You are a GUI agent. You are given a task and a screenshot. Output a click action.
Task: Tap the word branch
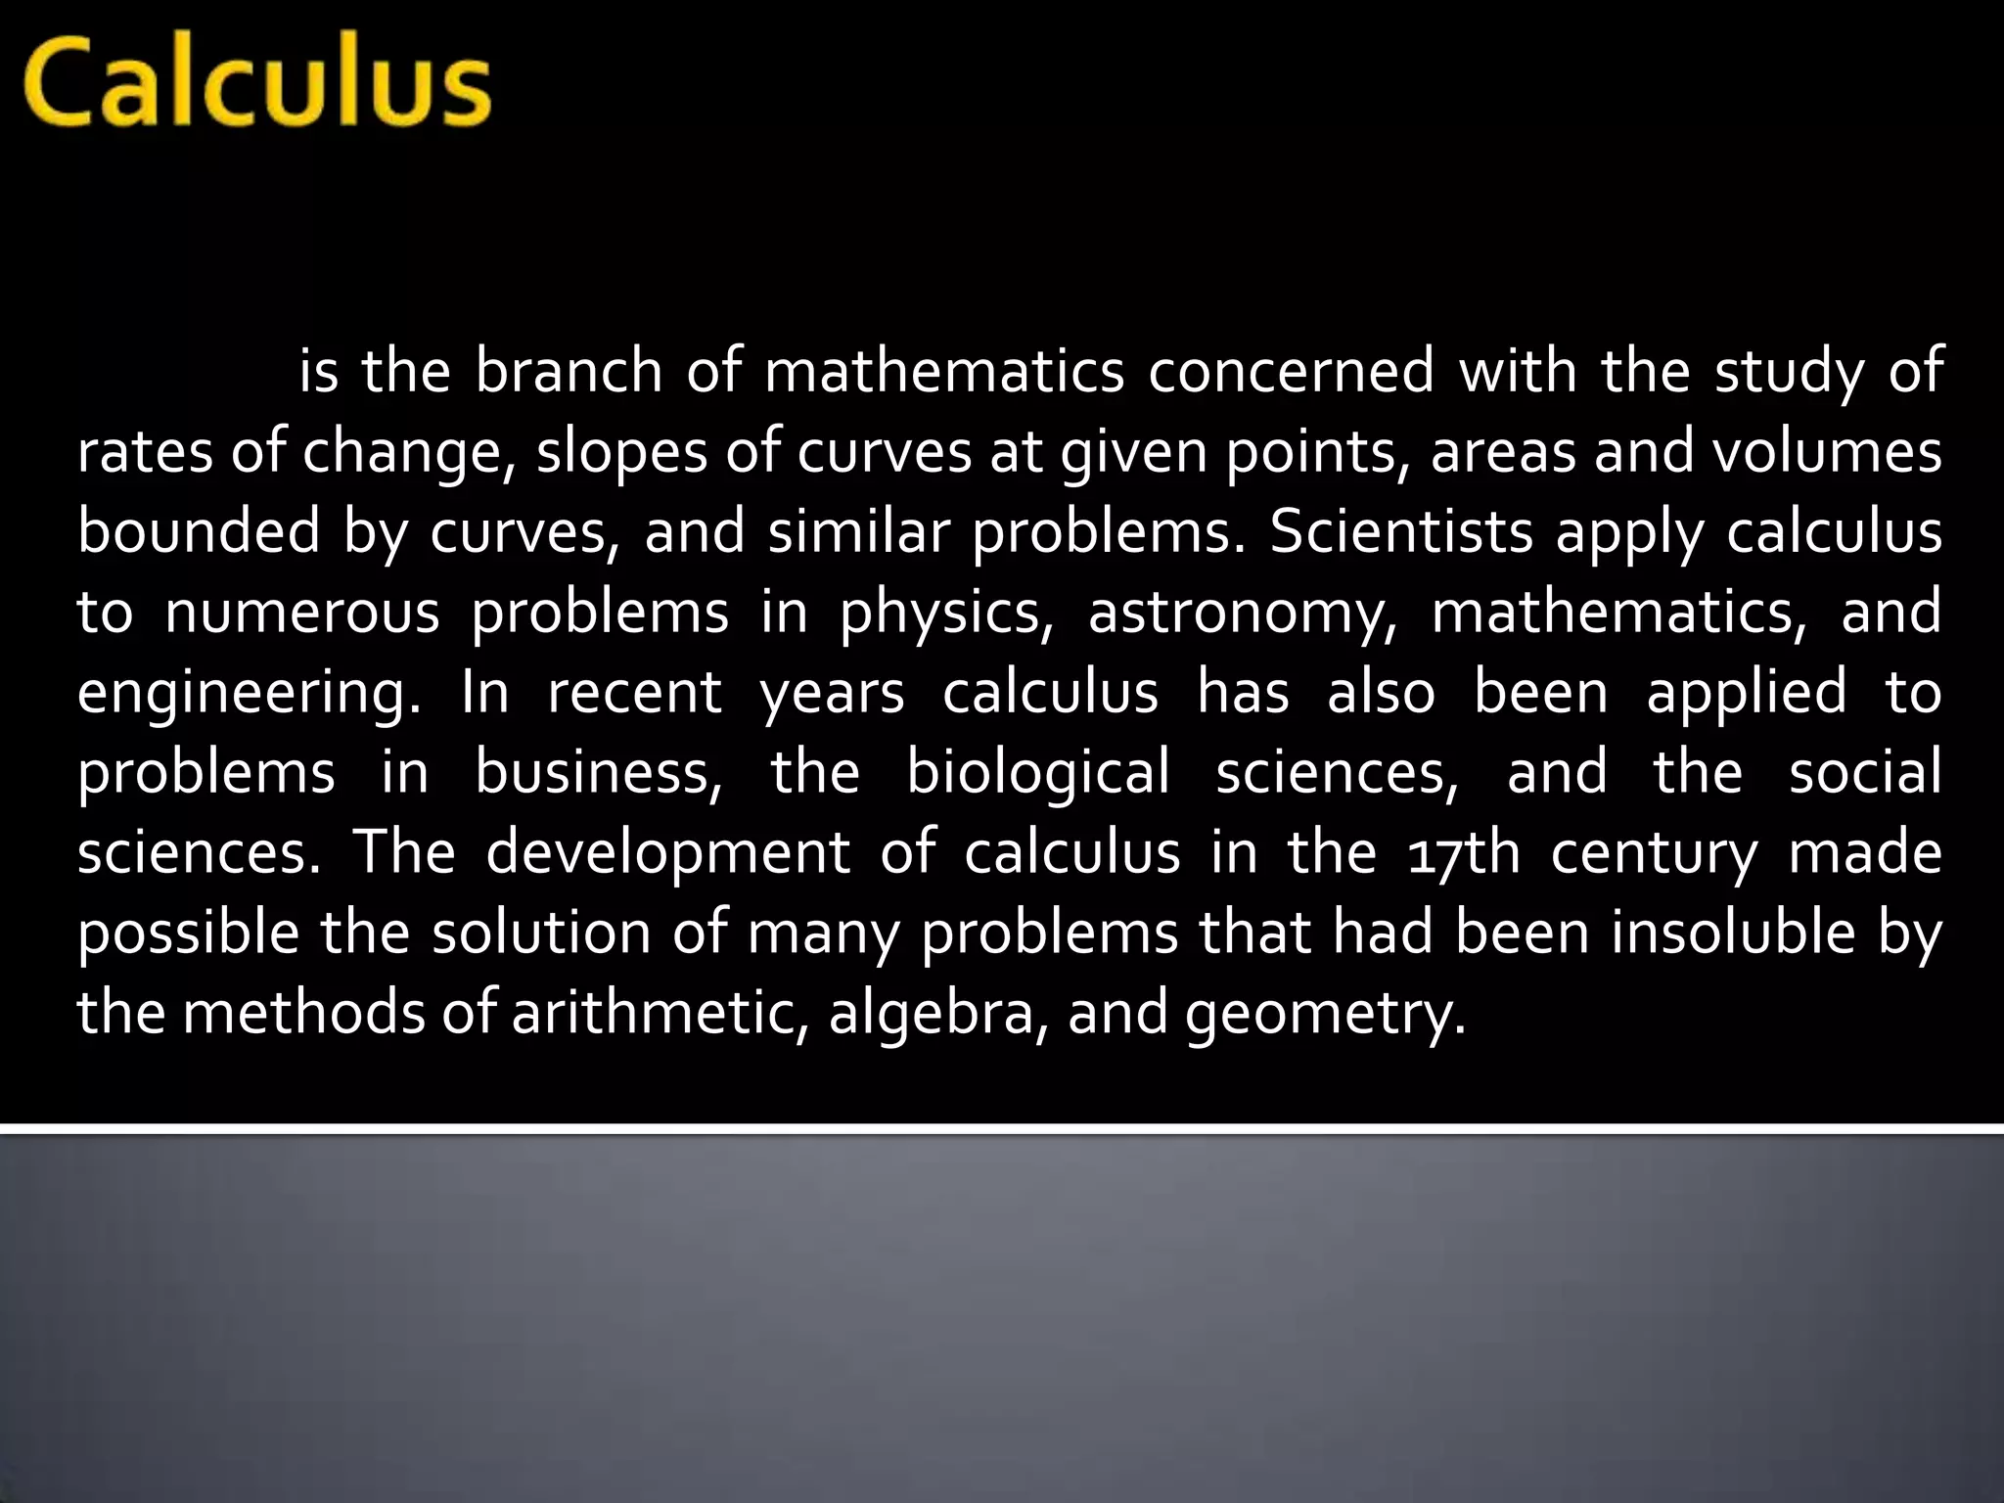click(x=569, y=372)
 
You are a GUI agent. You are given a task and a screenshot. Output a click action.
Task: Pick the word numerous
click(x=302, y=614)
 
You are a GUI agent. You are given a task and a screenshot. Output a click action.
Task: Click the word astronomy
click(x=1244, y=614)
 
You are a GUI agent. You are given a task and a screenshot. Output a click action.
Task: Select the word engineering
click(x=249, y=693)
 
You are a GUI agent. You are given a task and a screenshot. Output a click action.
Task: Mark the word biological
click(x=1038, y=772)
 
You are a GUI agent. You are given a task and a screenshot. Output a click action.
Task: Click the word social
click(x=1865, y=772)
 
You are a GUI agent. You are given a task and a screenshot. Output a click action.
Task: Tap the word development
click(x=667, y=852)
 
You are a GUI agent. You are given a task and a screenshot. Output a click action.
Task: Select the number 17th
click(x=1464, y=852)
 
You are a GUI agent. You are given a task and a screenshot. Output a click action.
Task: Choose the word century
click(x=1655, y=852)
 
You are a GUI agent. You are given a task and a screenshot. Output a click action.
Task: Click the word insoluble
click(x=1733, y=933)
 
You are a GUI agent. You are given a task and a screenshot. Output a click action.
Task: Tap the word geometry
click(x=1326, y=1013)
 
